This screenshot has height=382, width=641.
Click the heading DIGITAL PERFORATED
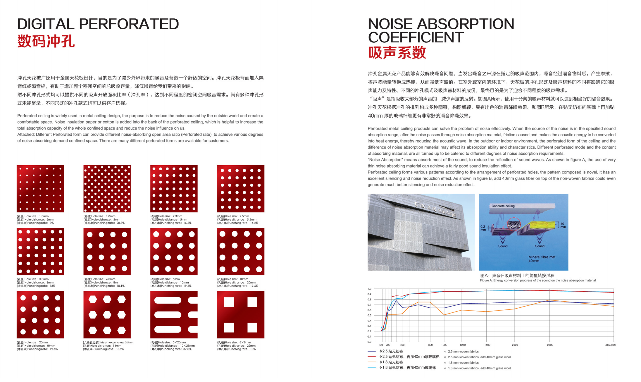pyautogui.click(x=98, y=24)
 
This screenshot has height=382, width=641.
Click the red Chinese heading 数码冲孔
pyautogui.click(x=46, y=41)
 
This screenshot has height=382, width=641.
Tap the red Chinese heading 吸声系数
pyautogui.click(x=397, y=53)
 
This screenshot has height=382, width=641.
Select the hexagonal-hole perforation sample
pyautogui.click(x=107, y=315)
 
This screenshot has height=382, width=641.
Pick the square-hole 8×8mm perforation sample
pyautogui.click(x=240, y=315)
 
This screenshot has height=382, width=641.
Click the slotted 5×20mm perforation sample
pyautogui.click(x=174, y=315)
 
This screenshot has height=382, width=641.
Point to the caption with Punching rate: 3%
pyautogui.click(x=35, y=220)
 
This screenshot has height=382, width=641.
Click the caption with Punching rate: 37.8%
pyautogui.click(x=173, y=346)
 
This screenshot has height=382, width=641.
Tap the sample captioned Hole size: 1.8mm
pyautogui.click(x=107, y=189)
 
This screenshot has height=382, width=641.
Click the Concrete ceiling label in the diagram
pyautogui.click(x=503, y=206)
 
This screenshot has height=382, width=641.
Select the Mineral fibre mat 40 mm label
pyautogui.click(x=542, y=259)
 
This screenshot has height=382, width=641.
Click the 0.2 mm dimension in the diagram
pyautogui.click(x=483, y=228)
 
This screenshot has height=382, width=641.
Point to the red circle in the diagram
pyautogui.click(x=514, y=225)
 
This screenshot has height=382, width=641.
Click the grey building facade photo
pyautogui.click(x=421, y=232)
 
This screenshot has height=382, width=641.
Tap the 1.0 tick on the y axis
pyautogui.click(x=370, y=289)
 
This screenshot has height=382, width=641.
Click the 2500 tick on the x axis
pyautogui.click(x=550, y=345)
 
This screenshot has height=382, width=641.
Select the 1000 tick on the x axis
pyautogui.click(x=444, y=345)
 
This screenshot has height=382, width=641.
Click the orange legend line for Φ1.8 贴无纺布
pyautogui.click(x=372, y=362)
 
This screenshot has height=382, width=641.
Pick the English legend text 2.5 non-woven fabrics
pyautogui.click(x=463, y=352)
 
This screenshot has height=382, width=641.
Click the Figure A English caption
pyautogui.click(x=537, y=281)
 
